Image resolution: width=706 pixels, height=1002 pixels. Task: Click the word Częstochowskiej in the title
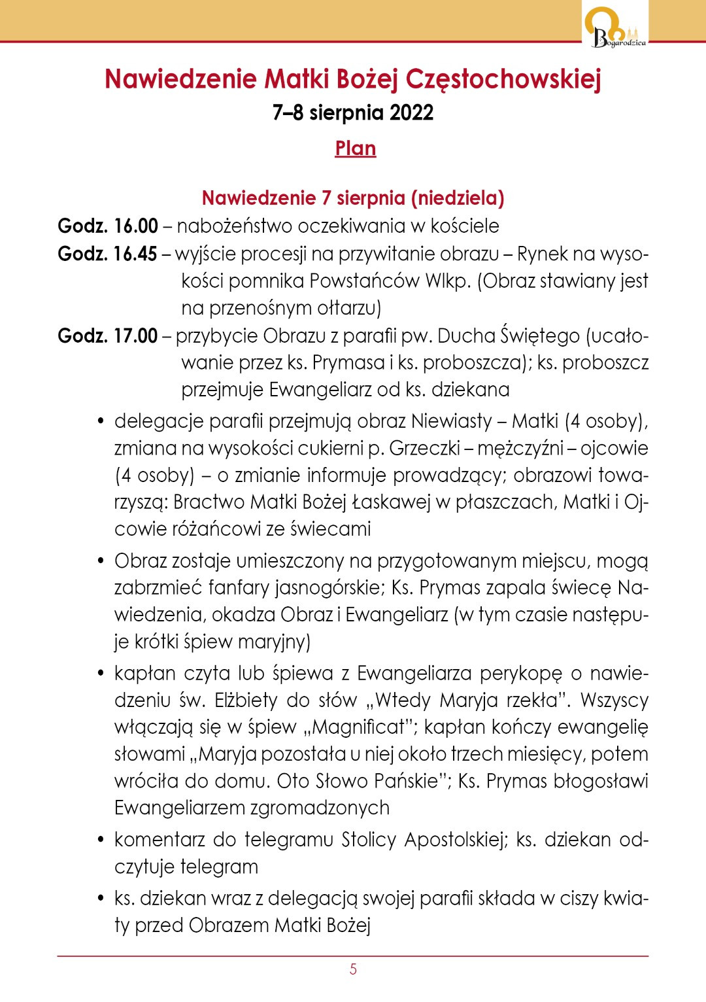tap(503, 79)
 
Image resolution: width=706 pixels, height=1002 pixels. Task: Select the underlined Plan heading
tap(355, 148)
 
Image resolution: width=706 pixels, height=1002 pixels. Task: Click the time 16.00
tap(136, 226)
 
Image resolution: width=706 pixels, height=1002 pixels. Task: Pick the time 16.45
tap(135, 254)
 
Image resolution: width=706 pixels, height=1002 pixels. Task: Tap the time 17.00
tap(135, 336)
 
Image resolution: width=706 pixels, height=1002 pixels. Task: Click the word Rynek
tap(543, 254)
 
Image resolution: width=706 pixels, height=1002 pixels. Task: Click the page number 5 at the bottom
tap(353, 969)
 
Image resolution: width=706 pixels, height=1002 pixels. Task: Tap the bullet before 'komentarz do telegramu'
tap(101, 840)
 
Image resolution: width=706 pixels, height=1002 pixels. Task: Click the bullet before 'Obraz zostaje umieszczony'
tap(101, 561)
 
